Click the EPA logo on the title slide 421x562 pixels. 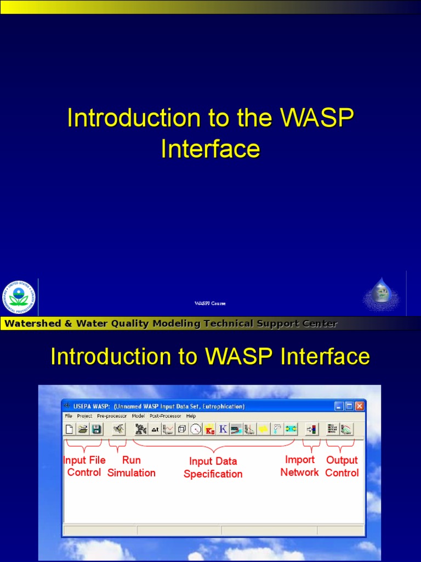tap(19, 297)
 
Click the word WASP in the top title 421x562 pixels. tap(316, 119)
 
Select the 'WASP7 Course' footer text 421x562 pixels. tap(210, 304)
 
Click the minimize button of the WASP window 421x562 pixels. tap(339, 406)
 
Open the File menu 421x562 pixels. tap(69, 416)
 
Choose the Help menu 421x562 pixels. tap(191, 416)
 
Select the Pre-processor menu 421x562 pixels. tap(112, 416)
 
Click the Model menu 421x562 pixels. tap(138, 416)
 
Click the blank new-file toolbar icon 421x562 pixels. tap(70, 429)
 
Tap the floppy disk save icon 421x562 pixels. tap(96, 429)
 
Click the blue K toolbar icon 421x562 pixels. tap(223, 429)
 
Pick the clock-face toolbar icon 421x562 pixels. tap(196, 429)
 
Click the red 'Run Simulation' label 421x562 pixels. tap(132, 467)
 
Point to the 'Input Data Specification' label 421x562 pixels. tap(213, 468)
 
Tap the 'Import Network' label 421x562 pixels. tap(299, 466)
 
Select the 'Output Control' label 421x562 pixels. tap(342, 467)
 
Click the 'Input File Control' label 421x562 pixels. tap(84, 467)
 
